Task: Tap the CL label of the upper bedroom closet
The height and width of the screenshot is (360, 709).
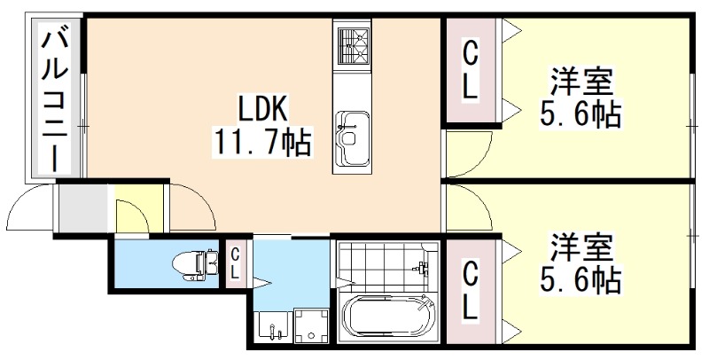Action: coord(470,71)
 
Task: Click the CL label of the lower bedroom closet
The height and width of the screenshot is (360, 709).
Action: coord(470,290)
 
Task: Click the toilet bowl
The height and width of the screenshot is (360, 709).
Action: coord(191,262)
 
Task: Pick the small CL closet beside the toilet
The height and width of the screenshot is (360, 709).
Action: coord(234,263)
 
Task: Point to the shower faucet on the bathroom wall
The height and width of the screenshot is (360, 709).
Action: coord(422,266)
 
